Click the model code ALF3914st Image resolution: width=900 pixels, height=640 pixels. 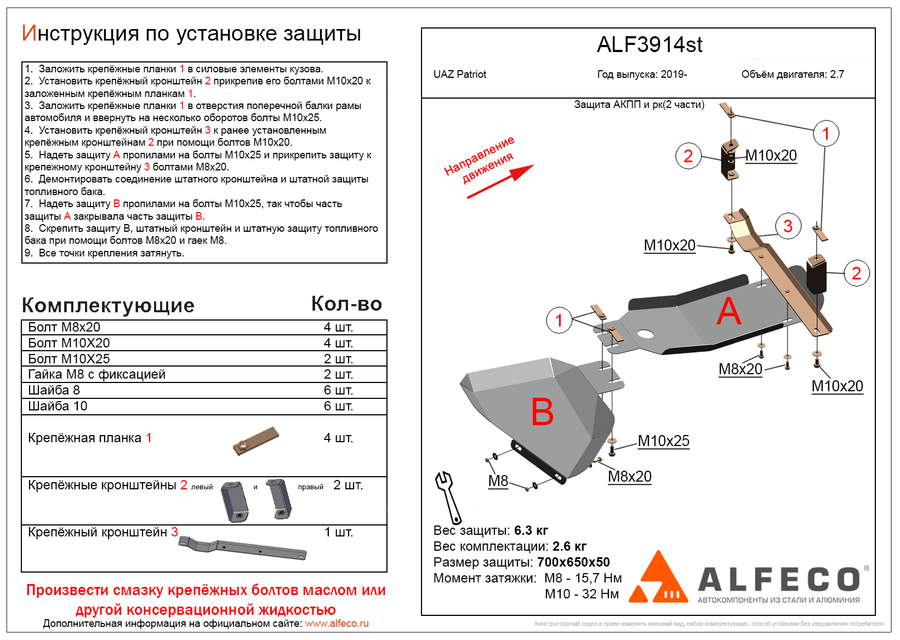click(649, 45)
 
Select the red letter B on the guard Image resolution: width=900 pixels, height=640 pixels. click(542, 412)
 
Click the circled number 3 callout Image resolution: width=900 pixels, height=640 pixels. click(788, 226)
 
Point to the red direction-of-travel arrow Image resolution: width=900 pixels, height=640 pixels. click(500, 181)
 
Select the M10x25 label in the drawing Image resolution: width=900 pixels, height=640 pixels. click(663, 441)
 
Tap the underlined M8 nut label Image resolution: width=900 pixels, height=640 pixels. click(498, 481)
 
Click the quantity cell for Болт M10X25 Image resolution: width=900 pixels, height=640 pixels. click(338, 359)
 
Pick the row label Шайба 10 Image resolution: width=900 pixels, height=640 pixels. click(58, 406)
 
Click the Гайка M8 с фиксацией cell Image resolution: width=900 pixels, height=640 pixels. click(96, 374)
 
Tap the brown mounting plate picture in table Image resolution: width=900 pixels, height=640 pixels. click(256, 441)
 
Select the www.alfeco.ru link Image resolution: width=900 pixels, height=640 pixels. click(337, 624)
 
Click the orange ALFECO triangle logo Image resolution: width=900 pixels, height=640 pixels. click(658, 579)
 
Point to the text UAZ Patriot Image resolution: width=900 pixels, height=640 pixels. click(459, 75)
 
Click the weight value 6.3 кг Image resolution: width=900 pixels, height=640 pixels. click(531, 530)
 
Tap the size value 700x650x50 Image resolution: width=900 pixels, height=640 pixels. click(573, 562)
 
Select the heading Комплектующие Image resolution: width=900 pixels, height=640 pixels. click(108, 305)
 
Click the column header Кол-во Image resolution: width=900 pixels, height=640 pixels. click(346, 304)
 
